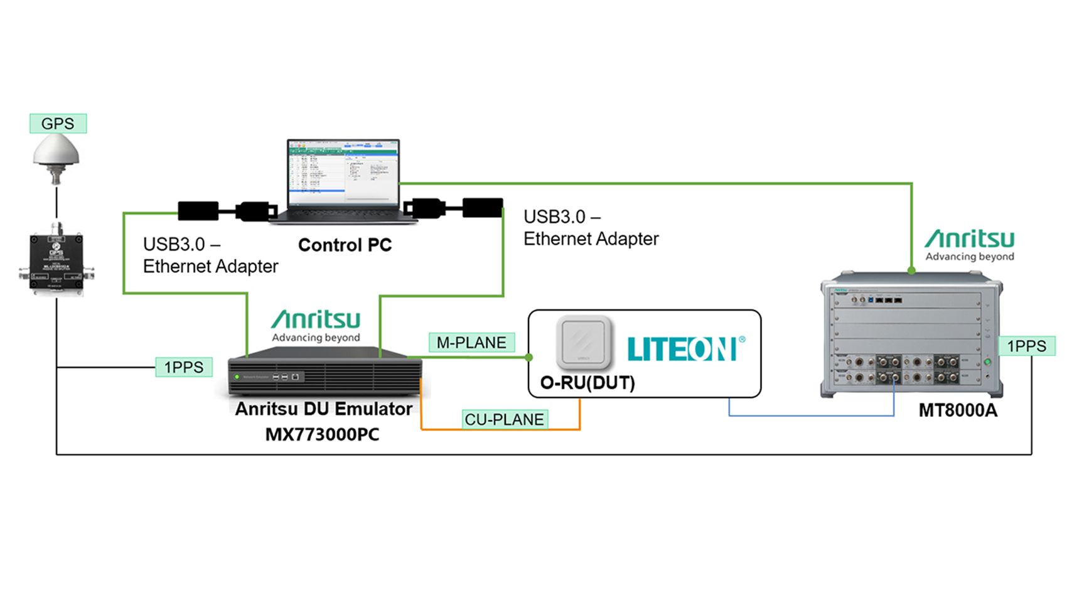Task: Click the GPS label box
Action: (x=58, y=124)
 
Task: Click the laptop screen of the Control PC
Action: (x=343, y=173)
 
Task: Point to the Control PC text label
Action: (x=345, y=245)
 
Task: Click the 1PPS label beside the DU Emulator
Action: (x=183, y=367)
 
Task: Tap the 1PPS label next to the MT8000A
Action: (x=1026, y=346)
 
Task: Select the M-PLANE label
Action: (x=471, y=343)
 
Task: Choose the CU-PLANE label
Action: (x=504, y=419)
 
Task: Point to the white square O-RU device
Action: (x=584, y=342)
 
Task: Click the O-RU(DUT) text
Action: (x=587, y=382)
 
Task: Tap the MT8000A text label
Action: (x=957, y=410)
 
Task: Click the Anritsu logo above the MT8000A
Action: (x=969, y=245)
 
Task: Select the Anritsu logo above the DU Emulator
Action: (x=316, y=325)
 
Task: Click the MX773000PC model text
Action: (x=322, y=434)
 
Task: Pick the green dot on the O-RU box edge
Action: (x=529, y=357)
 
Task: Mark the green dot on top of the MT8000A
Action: (x=911, y=271)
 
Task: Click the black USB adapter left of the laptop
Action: (x=198, y=211)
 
